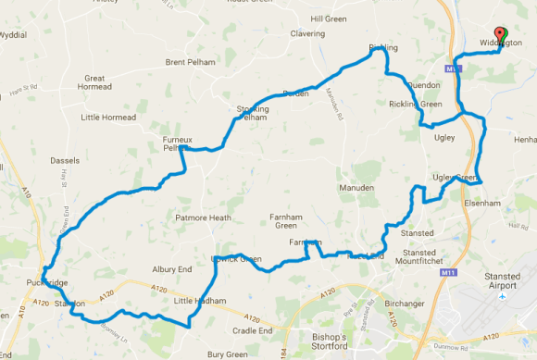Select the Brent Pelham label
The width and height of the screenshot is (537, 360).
tap(189, 62)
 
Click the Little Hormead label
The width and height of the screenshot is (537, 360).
tap(108, 117)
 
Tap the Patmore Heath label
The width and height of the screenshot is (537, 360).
tap(203, 218)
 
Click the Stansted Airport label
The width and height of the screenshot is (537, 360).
tap(502, 280)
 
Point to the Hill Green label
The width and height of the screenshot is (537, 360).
tap(329, 19)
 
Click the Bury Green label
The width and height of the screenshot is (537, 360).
tap(228, 353)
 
